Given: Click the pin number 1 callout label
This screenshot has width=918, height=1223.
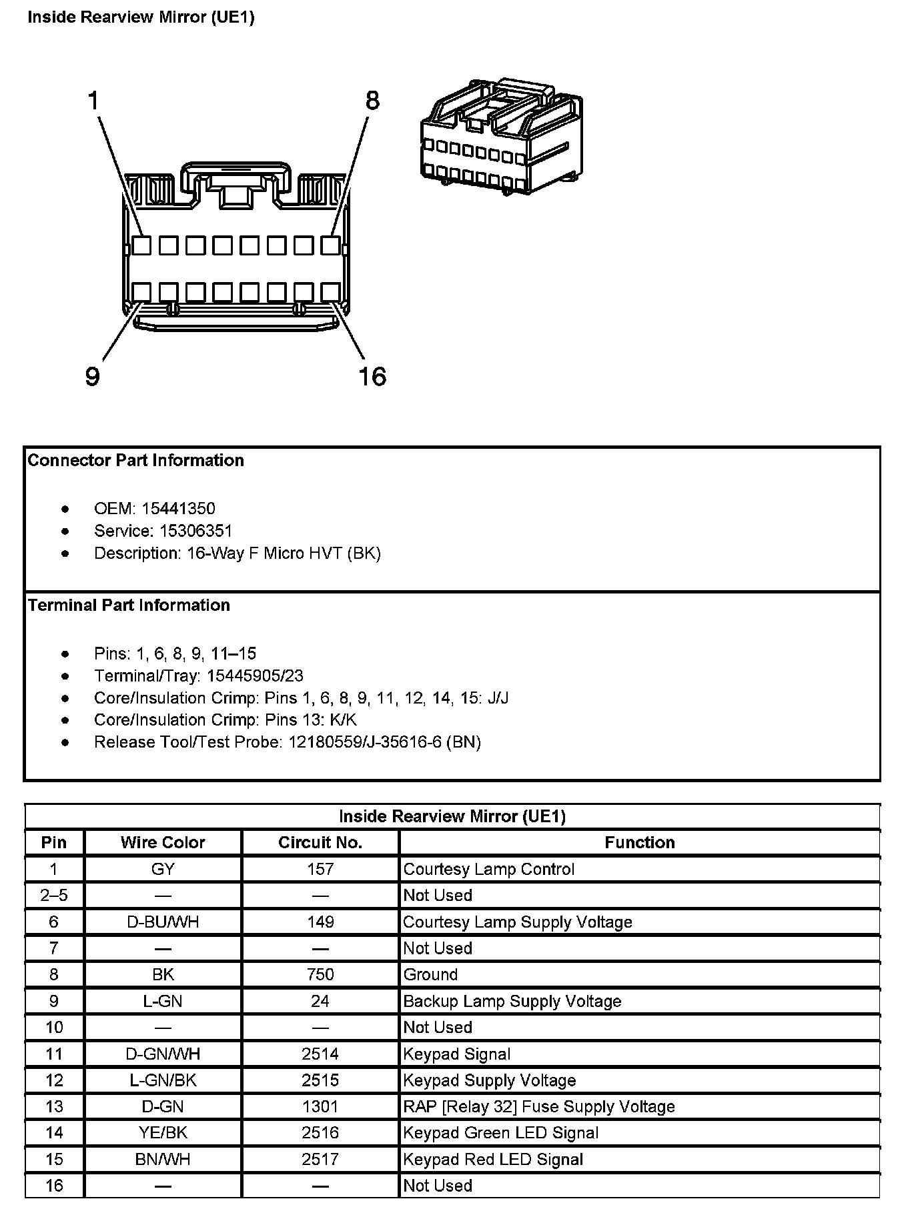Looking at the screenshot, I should click(93, 101).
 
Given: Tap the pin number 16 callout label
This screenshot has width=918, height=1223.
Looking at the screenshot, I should click(372, 377).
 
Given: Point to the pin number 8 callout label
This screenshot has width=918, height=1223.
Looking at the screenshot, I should click(372, 101).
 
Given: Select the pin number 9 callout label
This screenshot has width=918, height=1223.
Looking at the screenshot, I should click(93, 377).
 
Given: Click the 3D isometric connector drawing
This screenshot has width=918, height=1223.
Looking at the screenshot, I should click(501, 137).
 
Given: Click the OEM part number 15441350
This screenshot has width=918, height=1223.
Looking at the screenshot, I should click(178, 509).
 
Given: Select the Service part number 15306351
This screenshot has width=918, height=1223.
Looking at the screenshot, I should click(195, 531).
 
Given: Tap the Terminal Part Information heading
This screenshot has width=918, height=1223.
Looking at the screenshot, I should click(129, 605).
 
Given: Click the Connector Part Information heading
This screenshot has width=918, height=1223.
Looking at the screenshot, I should click(135, 460).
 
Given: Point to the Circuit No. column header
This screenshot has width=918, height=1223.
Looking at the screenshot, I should click(320, 843).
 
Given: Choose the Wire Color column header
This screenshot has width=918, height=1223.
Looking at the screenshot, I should click(163, 843).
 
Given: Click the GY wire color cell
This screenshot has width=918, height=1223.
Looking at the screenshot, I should click(163, 870).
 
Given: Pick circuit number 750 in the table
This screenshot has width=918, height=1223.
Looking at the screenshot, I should click(320, 975).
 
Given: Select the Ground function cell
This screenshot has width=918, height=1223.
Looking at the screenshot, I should click(430, 975).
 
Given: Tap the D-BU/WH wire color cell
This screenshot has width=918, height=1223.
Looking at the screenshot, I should click(163, 922).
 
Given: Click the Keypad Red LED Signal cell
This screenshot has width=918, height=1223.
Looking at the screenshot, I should click(493, 1160).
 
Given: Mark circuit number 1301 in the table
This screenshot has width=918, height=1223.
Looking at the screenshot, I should click(320, 1107).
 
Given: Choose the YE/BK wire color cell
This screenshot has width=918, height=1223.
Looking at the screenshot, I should click(163, 1133).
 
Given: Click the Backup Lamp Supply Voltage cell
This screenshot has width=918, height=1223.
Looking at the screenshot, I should click(512, 1002).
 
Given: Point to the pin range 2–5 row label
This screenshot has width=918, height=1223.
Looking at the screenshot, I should click(54, 896).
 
